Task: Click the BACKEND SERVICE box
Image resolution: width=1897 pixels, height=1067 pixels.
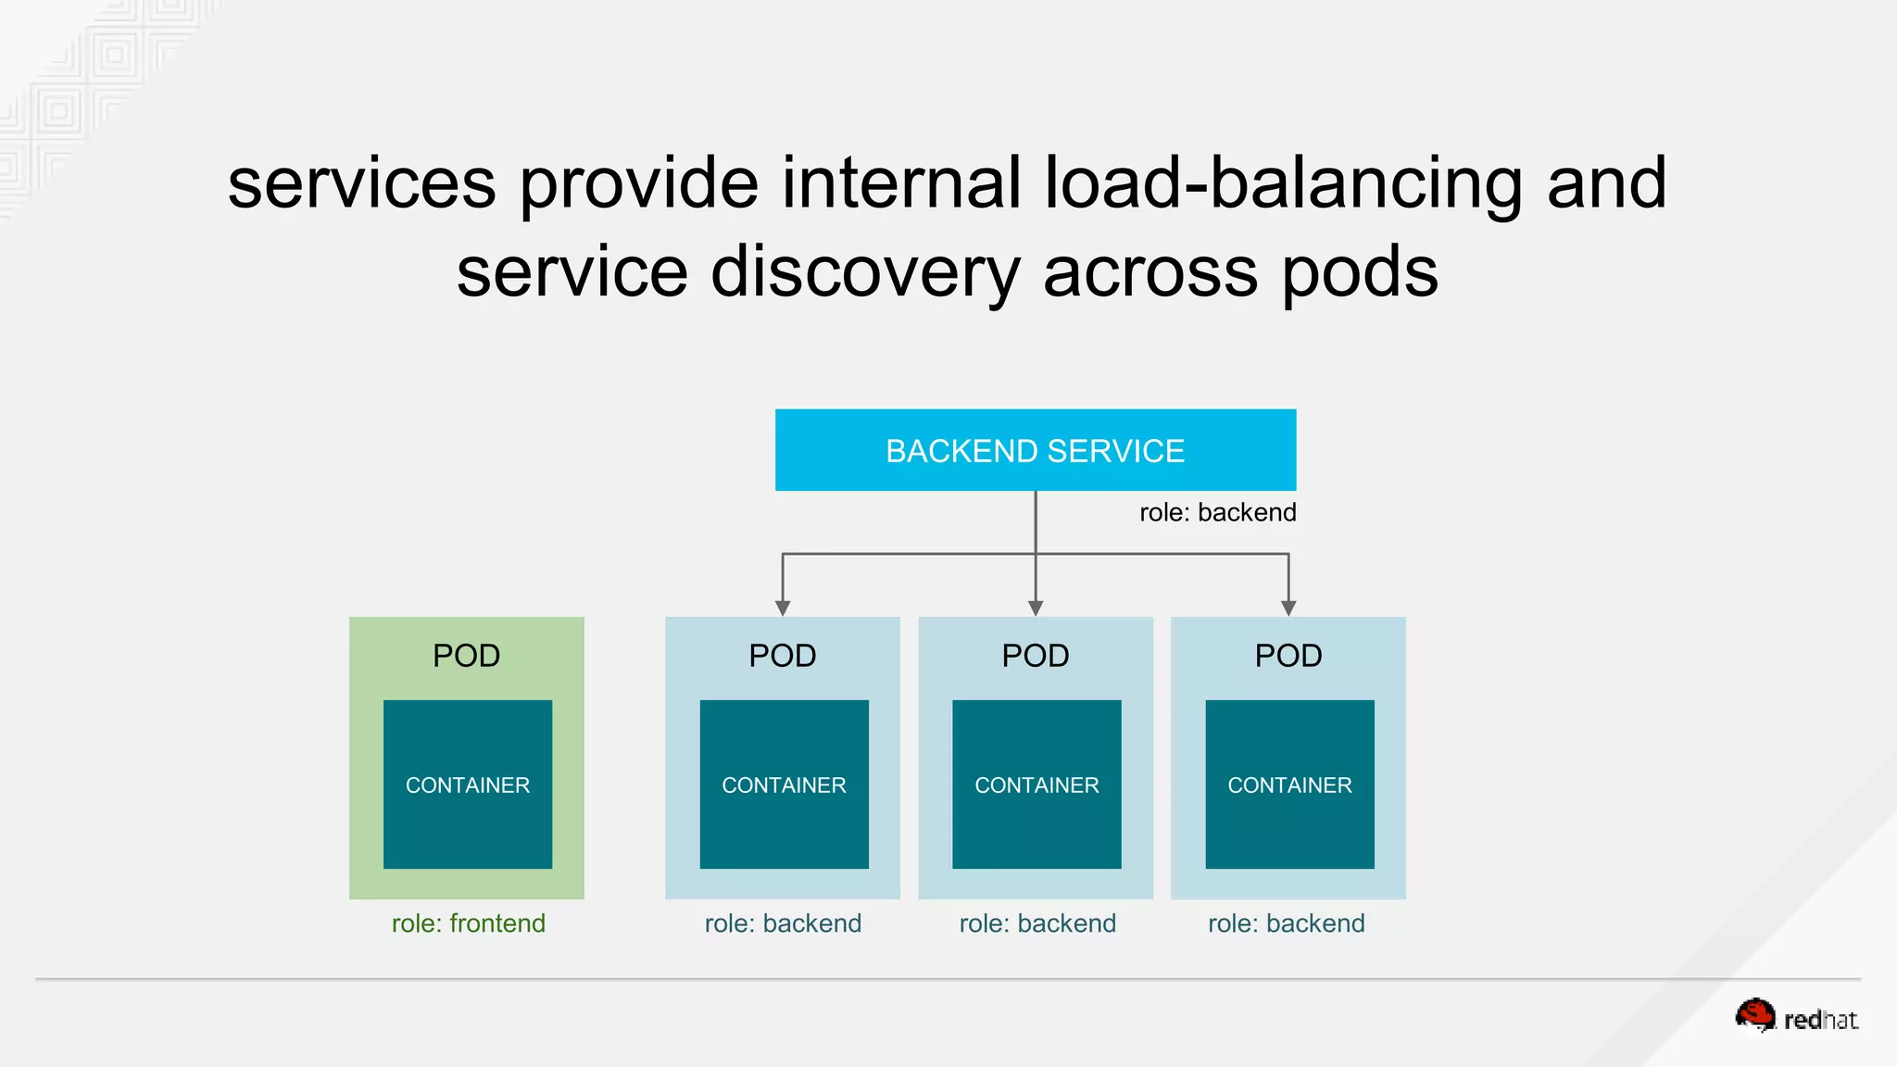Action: (x=1035, y=450)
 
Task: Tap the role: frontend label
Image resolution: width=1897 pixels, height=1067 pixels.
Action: (x=468, y=923)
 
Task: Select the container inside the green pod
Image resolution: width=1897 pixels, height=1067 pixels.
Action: (x=468, y=785)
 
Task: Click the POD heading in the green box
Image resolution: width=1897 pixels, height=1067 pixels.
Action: (x=466, y=656)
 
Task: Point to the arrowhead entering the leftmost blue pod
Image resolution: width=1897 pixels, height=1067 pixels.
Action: (x=783, y=608)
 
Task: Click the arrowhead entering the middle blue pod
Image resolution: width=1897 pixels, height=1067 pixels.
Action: (x=1036, y=608)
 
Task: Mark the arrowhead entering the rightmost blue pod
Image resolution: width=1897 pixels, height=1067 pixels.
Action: (x=1288, y=608)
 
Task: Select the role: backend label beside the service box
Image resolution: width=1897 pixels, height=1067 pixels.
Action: (x=1217, y=512)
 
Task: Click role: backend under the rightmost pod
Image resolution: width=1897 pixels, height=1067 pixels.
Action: (x=1286, y=923)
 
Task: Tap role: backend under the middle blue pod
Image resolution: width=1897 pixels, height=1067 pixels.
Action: (x=1037, y=923)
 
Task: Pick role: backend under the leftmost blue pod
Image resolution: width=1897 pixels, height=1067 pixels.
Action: (x=783, y=923)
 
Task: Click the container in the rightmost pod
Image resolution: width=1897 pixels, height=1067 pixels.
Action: (x=1289, y=785)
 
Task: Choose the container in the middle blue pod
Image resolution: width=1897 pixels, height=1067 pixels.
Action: (x=1036, y=785)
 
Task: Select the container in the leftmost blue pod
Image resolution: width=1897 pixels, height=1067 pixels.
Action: (x=784, y=785)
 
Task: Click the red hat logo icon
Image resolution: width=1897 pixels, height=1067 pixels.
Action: (x=1755, y=1015)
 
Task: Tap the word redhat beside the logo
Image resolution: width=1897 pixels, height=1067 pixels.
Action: (x=1820, y=1020)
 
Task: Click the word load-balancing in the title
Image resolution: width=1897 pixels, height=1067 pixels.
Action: (x=1283, y=183)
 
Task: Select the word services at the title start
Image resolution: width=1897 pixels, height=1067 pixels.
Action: (x=361, y=183)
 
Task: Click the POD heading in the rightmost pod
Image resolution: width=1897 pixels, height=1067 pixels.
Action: (x=1288, y=656)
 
